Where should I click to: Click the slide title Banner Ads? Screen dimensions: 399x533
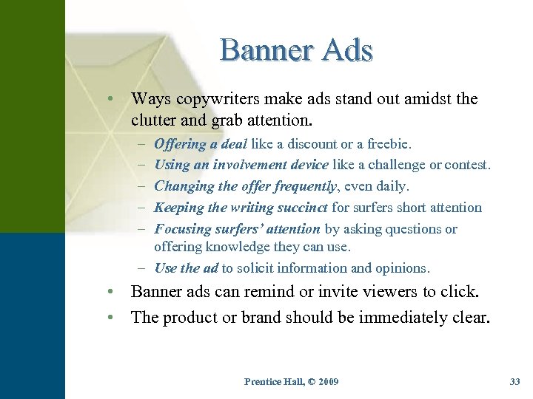(296, 50)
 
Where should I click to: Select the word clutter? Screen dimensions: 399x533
(155, 118)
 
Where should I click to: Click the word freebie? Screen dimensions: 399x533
(389, 144)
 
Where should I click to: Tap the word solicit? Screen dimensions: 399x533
(257, 268)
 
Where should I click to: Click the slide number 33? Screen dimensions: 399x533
(515, 381)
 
